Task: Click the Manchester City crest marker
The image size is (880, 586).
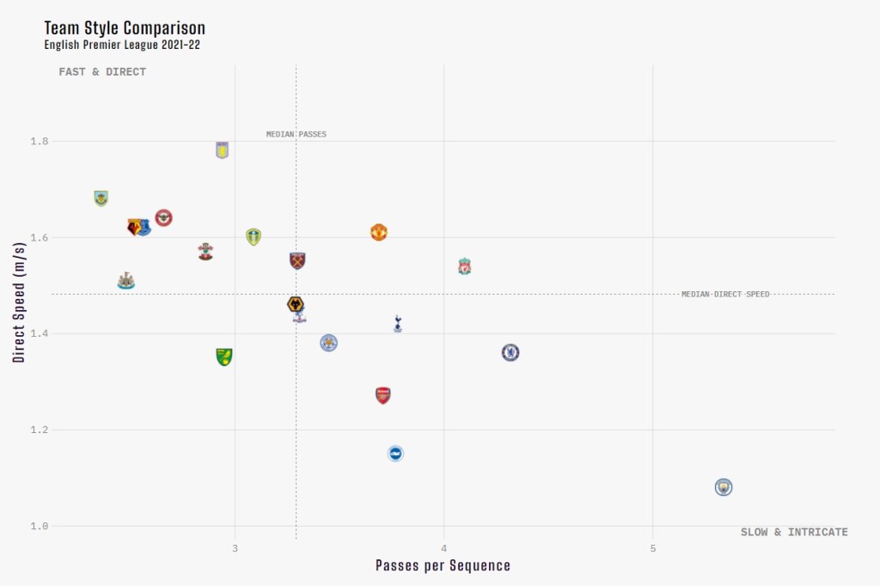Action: coord(724,487)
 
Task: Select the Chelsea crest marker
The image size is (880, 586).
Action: coord(510,352)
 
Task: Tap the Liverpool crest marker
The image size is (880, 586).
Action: coord(465,266)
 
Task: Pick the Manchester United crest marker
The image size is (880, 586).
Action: coord(379,232)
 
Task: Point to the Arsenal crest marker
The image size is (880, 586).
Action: coord(383,395)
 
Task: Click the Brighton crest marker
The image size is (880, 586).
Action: coord(395,453)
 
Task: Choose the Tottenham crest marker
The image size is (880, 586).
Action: coord(397,323)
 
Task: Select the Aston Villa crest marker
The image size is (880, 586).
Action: coord(223,150)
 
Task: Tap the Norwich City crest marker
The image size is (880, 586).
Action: coord(224,357)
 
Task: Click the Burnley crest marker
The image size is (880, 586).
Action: coord(101,198)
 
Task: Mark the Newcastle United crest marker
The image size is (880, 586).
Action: coord(126,281)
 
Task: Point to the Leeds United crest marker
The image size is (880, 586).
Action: coord(254,236)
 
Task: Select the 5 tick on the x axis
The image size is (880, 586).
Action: coord(653,548)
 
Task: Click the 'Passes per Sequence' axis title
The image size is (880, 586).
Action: coord(443,565)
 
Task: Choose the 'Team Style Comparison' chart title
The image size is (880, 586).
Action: coord(125,28)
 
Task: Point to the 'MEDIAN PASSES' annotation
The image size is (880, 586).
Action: coord(296,134)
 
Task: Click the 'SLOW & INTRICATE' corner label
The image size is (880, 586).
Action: coord(794,533)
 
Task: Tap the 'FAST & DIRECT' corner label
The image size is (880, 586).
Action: coord(102,72)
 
